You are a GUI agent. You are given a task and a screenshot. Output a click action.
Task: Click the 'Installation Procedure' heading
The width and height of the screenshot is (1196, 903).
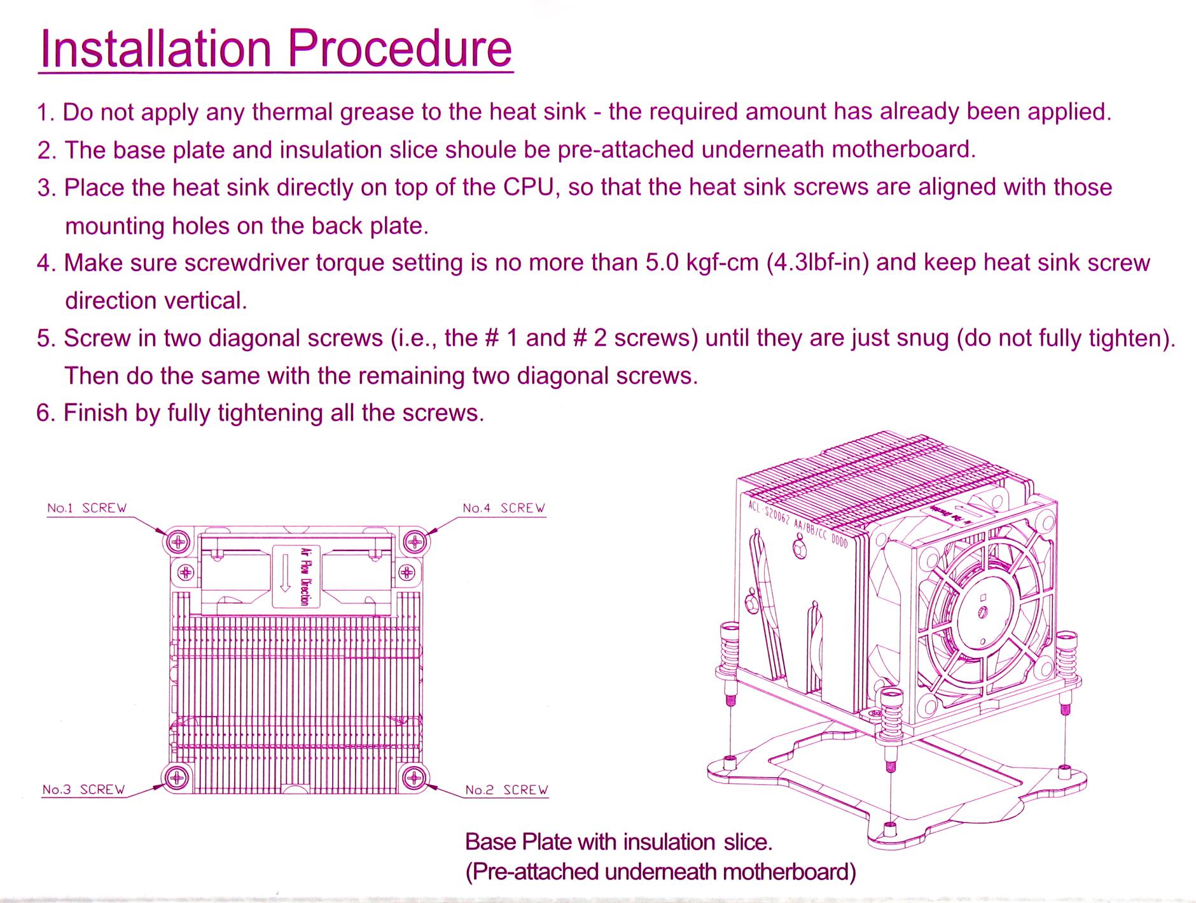click(275, 48)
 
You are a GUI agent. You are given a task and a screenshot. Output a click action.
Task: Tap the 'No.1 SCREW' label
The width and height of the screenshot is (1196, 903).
click(87, 508)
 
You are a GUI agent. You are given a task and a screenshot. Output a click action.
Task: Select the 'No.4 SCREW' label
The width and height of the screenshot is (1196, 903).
click(504, 508)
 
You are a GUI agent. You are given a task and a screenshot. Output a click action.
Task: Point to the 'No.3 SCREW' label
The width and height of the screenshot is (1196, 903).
click(83, 789)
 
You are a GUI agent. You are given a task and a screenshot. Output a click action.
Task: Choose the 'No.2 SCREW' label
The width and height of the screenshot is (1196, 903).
click(506, 790)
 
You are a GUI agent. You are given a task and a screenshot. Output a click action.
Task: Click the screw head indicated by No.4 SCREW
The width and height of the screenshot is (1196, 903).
click(415, 542)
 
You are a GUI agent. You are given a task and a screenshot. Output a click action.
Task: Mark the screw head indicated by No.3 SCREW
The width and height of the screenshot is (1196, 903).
click(176, 778)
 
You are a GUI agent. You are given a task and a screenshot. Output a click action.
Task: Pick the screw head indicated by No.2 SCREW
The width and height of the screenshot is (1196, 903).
click(415, 778)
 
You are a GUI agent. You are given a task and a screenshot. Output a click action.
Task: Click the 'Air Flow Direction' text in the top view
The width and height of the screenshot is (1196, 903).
click(305, 576)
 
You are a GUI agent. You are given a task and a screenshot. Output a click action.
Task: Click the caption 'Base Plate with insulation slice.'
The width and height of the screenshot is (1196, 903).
click(618, 842)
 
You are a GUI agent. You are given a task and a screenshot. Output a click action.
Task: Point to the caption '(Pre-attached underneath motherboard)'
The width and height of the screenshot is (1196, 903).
click(660, 871)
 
